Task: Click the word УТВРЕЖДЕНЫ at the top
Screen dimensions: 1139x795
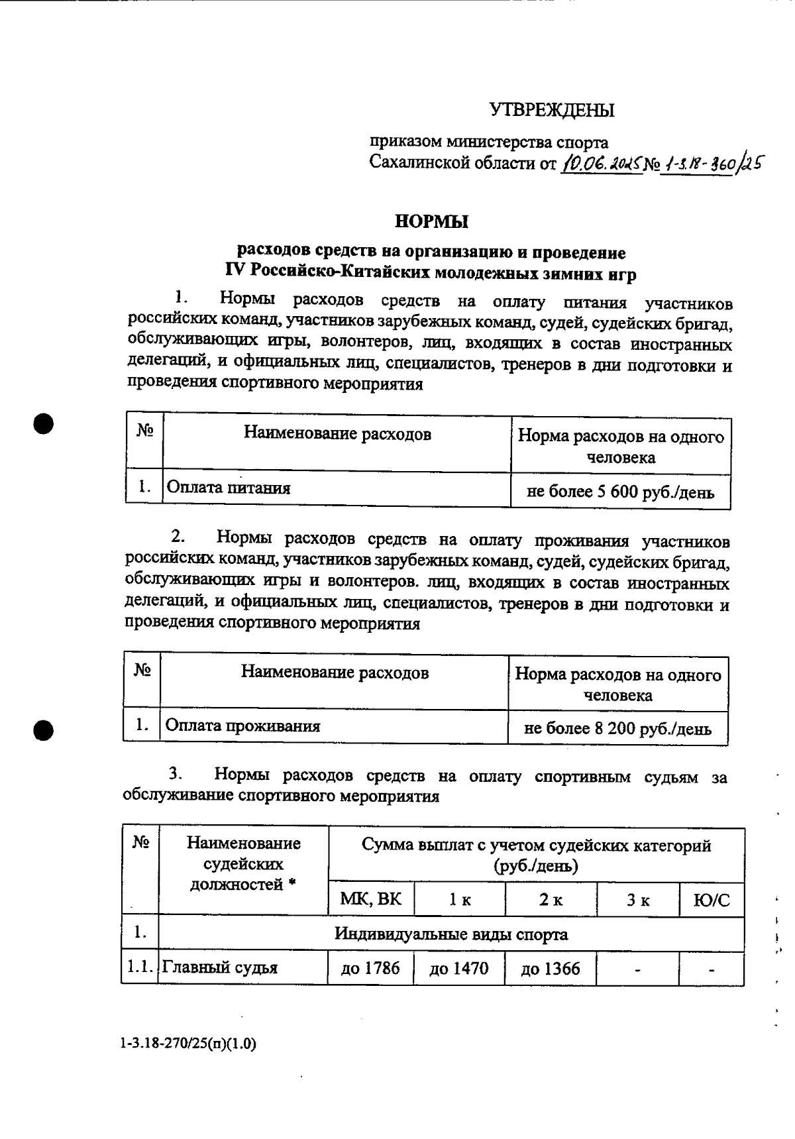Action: click(x=552, y=110)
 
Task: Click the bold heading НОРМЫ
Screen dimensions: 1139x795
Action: click(x=431, y=222)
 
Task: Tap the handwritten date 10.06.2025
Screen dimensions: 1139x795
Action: click(x=602, y=162)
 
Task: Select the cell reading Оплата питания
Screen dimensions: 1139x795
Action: click(x=229, y=488)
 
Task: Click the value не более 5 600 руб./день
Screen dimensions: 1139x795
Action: click(x=620, y=492)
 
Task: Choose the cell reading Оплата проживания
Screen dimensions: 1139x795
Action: click(x=242, y=726)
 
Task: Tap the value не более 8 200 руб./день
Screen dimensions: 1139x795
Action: click(x=617, y=729)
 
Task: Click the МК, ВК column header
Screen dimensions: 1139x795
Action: click(x=370, y=899)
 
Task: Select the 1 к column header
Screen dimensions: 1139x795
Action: click(x=459, y=900)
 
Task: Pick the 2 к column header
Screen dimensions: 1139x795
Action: click(x=550, y=900)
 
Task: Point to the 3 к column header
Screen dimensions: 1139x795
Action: click(x=637, y=900)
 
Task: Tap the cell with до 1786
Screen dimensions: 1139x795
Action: click(x=370, y=969)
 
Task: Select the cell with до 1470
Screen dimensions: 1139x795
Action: click(x=459, y=969)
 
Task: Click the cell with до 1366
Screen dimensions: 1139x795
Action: click(x=550, y=969)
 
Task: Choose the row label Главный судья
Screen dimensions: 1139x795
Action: click(x=220, y=967)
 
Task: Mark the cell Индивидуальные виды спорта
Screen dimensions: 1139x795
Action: click(x=450, y=934)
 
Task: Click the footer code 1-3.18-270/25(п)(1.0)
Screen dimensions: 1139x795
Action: click(x=189, y=1044)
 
